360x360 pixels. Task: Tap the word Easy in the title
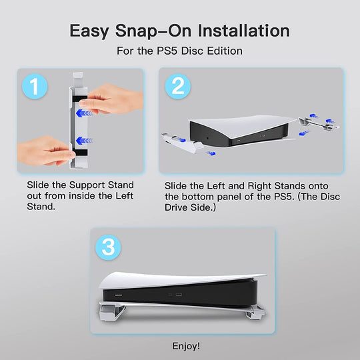pos(94,31)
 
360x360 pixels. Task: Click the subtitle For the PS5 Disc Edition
pos(180,51)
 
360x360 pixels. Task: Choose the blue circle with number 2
pos(177,87)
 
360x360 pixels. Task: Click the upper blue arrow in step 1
pos(83,113)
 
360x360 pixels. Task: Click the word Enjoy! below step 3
pos(186,347)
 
